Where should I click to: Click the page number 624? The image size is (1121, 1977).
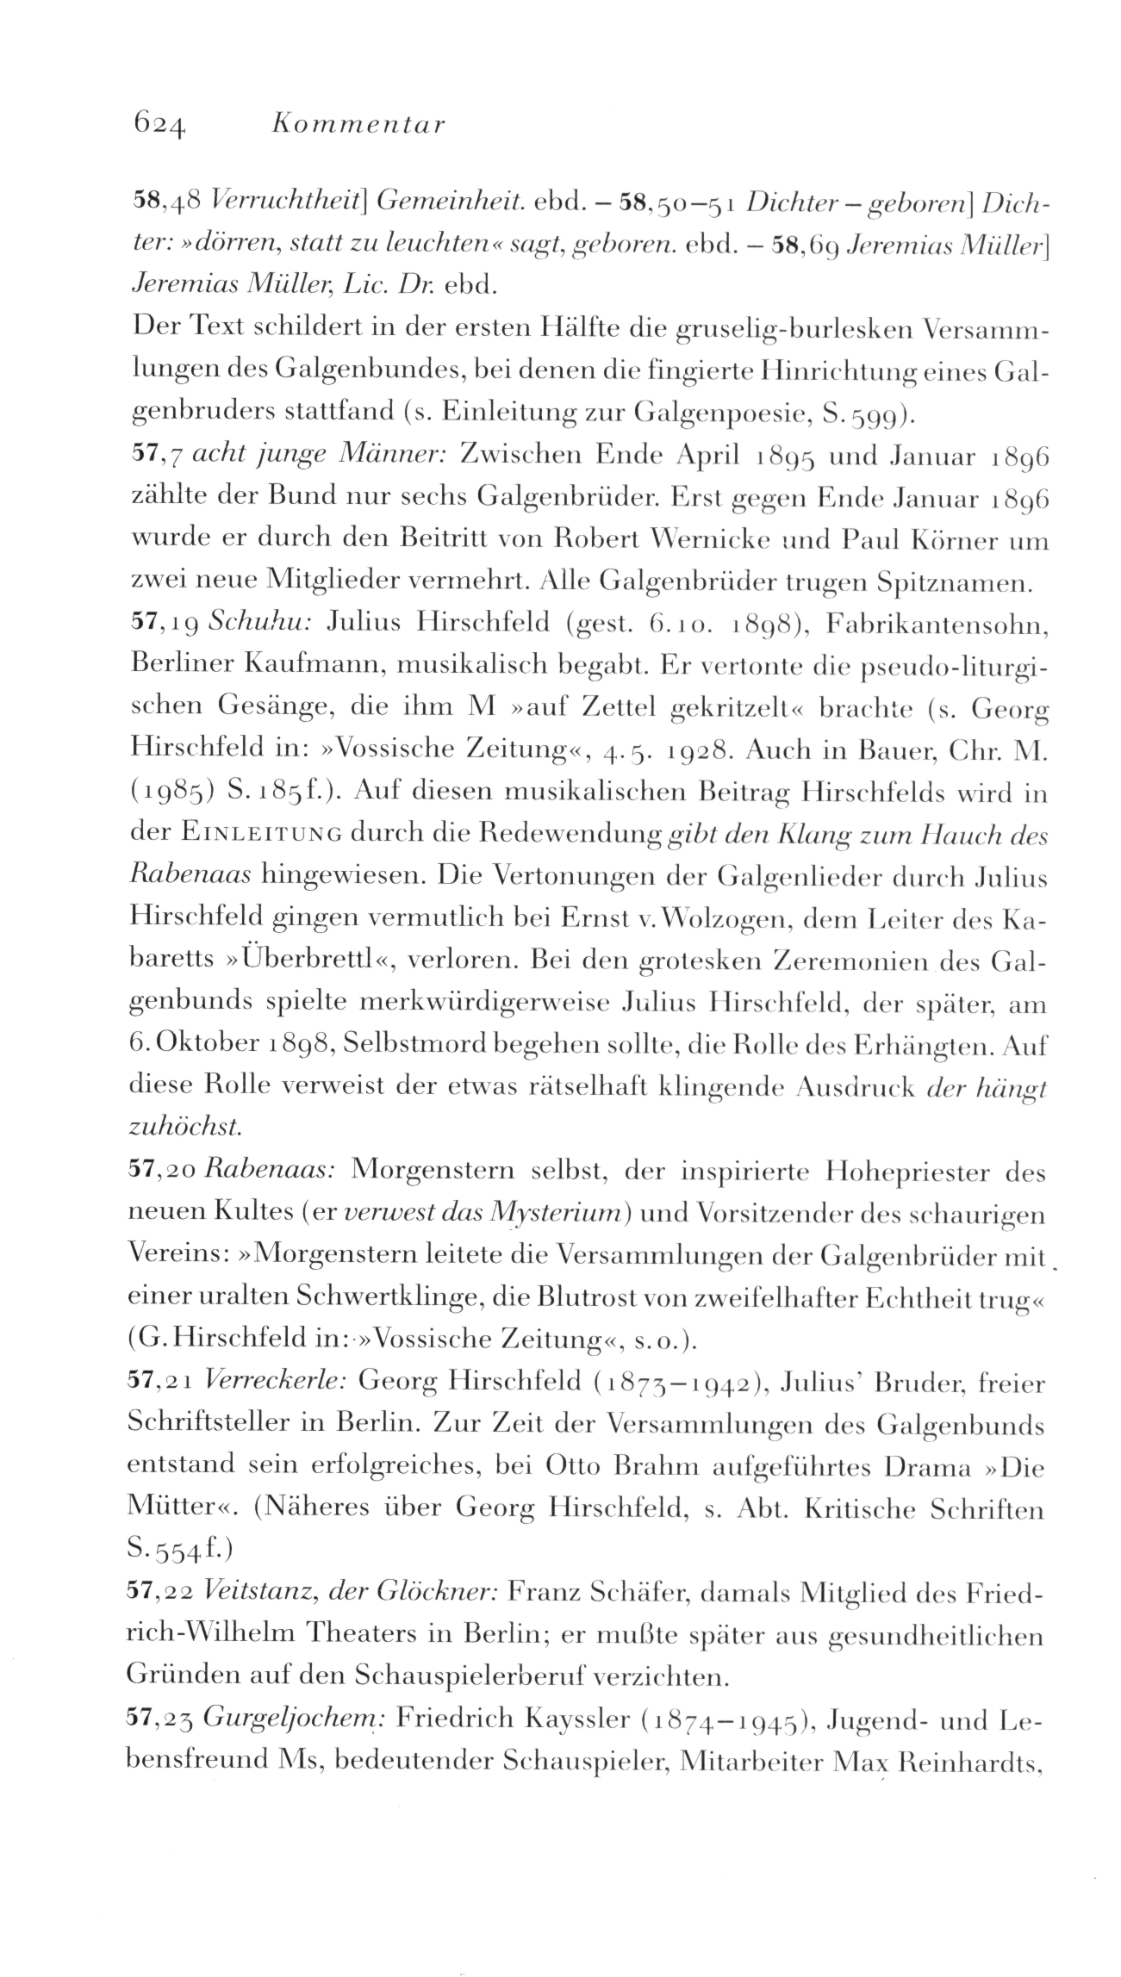point(157,127)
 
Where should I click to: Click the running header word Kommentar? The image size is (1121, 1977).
point(357,125)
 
